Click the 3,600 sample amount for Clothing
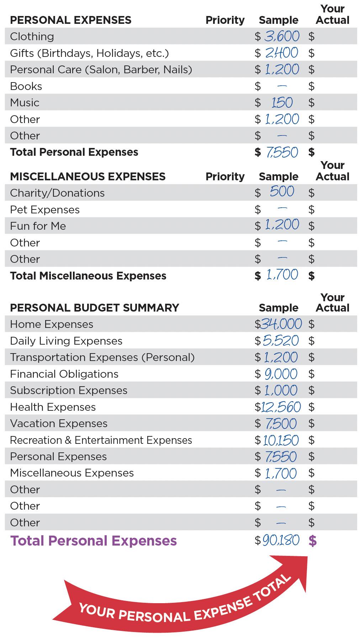pyautogui.click(x=282, y=36)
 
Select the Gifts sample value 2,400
pyautogui.click(x=282, y=53)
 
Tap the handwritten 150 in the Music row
pyautogui.click(x=282, y=103)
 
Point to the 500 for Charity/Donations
pyautogui.click(x=282, y=191)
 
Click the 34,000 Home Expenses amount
pyautogui.click(x=281, y=324)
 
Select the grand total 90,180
pyautogui.click(x=281, y=541)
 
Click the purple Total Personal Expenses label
pyautogui.click(x=94, y=541)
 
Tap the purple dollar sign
pyautogui.click(x=312, y=541)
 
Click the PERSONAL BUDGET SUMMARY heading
pyautogui.click(x=94, y=308)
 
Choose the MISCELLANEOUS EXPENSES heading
pyautogui.click(x=88, y=177)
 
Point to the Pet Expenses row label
pyautogui.click(x=45, y=210)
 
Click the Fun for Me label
pyautogui.click(x=38, y=226)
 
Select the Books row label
pyautogui.click(x=26, y=86)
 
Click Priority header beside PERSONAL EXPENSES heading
pyautogui.click(x=225, y=20)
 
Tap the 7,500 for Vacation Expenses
pyautogui.click(x=281, y=424)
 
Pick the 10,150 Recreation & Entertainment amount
pyautogui.click(x=281, y=440)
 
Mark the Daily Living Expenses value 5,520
pyautogui.click(x=281, y=341)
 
